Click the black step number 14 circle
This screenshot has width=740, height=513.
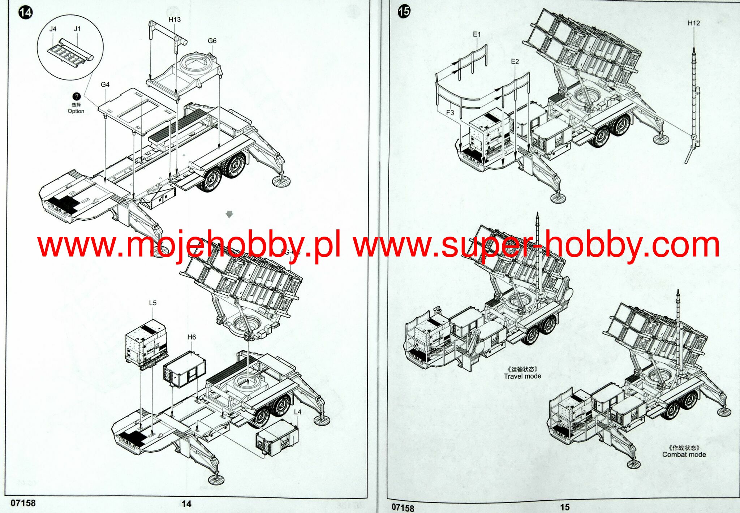(25, 13)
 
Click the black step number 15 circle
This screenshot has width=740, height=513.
(404, 12)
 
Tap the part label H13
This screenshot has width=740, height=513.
(175, 20)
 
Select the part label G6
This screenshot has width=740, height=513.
(212, 41)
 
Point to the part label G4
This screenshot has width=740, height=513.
(105, 85)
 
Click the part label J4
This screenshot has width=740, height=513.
(53, 29)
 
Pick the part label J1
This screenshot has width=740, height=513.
(77, 29)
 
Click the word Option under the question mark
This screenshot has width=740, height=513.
(76, 111)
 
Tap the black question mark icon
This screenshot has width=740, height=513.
(76, 96)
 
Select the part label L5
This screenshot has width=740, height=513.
(153, 303)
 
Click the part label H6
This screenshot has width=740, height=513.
(192, 337)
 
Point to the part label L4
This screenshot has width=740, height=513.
(297, 412)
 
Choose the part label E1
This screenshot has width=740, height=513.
(477, 34)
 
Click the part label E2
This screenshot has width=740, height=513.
(515, 61)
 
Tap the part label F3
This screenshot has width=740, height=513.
(450, 112)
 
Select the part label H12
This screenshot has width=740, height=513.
(694, 23)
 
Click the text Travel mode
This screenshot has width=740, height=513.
(522, 376)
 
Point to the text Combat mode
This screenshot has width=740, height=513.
(684, 454)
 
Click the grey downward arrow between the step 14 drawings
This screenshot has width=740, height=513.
(229, 214)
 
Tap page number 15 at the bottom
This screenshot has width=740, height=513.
(565, 507)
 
